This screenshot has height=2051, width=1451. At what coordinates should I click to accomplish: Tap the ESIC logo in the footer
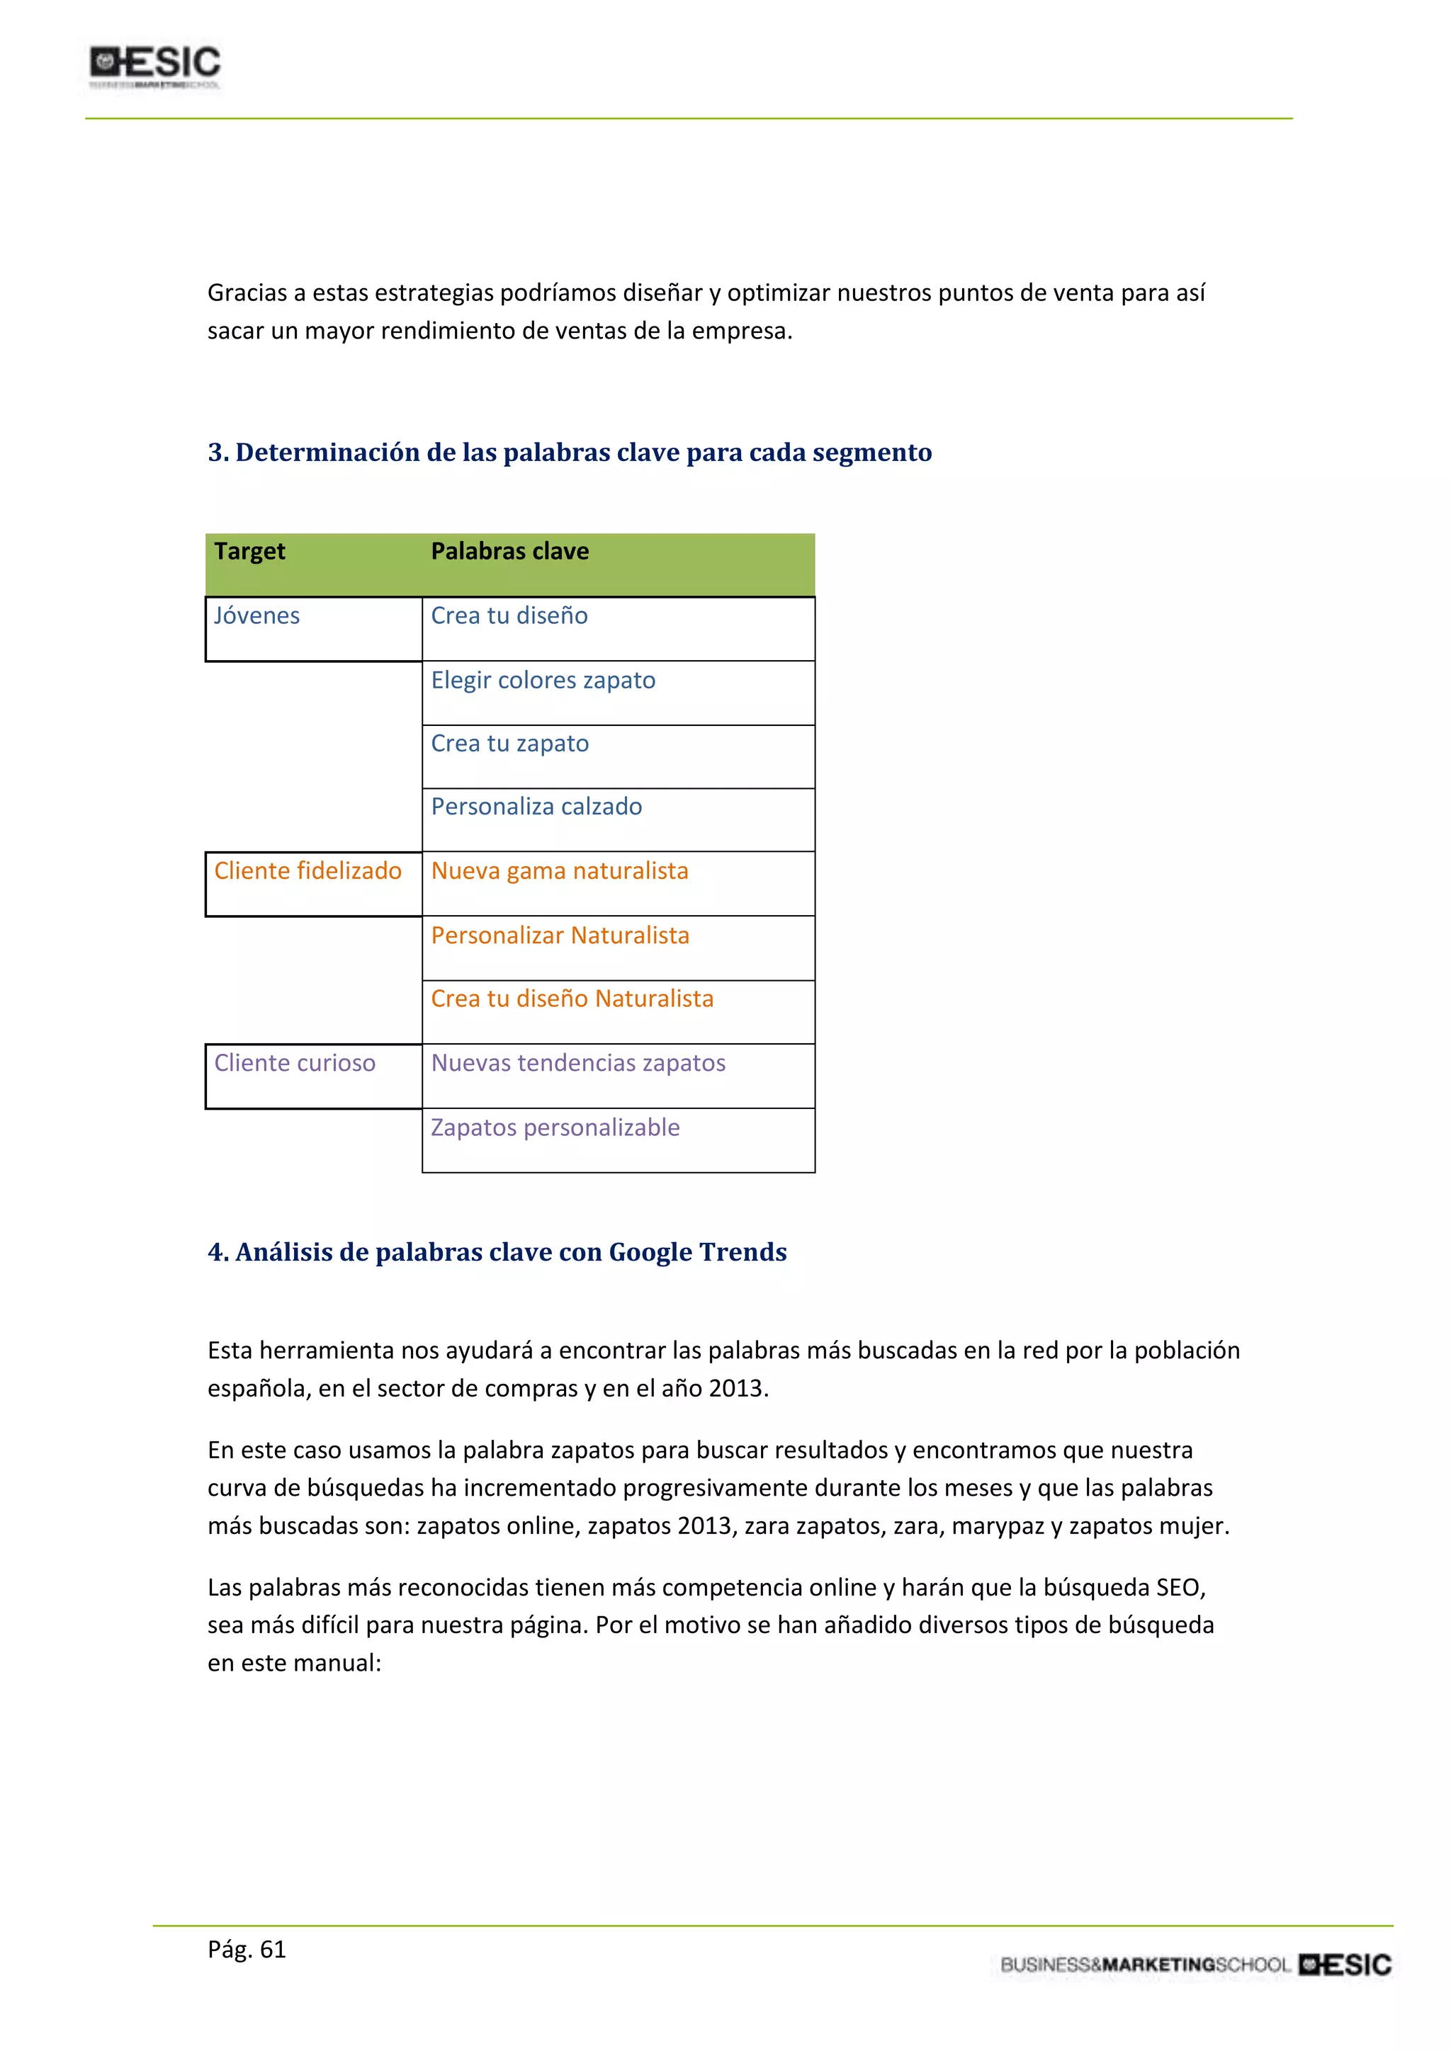pyautogui.click(x=1345, y=1965)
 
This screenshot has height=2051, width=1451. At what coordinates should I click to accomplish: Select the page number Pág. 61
pyautogui.click(x=247, y=1949)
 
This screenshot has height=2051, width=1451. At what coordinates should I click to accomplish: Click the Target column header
pyautogui.click(x=249, y=551)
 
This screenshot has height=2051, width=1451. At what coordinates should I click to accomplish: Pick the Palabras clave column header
pyautogui.click(x=509, y=551)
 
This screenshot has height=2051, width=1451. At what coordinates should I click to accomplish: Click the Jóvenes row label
pyautogui.click(x=256, y=615)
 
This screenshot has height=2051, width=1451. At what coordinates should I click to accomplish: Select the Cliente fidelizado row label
pyautogui.click(x=307, y=871)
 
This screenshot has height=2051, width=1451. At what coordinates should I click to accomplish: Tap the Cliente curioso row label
pyautogui.click(x=295, y=1063)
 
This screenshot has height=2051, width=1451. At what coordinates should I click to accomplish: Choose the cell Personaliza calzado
pyautogui.click(x=536, y=807)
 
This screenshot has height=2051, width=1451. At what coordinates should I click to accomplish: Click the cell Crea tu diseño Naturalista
pyautogui.click(x=572, y=999)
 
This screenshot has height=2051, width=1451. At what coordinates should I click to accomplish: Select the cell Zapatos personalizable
pyautogui.click(x=555, y=1127)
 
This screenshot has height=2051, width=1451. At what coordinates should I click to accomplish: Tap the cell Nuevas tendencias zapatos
pyautogui.click(x=578, y=1063)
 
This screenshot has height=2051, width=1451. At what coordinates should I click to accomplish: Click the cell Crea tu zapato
pyautogui.click(x=509, y=743)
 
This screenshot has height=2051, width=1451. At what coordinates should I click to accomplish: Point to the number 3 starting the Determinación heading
pyautogui.click(x=215, y=453)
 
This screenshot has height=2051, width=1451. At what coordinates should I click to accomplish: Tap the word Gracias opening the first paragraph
pyautogui.click(x=247, y=293)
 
